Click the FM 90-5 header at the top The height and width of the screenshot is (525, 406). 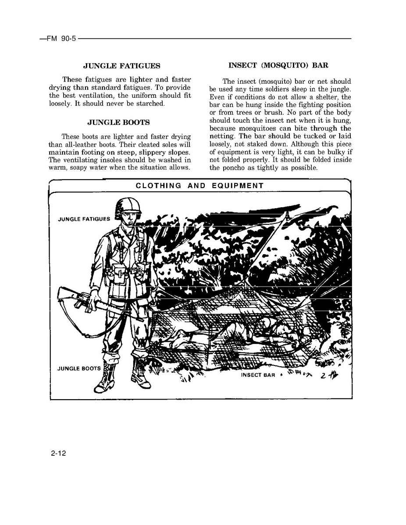pyautogui.click(x=58, y=39)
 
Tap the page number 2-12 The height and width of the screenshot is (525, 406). pyautogui.click(x=58, y=454)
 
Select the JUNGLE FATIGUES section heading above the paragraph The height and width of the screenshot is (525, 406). pyautogui.click(x=121, y=66)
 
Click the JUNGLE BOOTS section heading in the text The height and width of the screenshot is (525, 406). pyautogui.click(x=118, y=122)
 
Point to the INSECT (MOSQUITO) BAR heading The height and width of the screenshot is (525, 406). pyautogui.click(x=278, y=65)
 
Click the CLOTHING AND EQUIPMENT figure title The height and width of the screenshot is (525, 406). pyautogui.click(x=199, y=185)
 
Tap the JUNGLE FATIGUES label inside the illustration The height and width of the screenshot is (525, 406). pyautogui.click(x=84, y=219)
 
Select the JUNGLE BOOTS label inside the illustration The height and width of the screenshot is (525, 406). pyautogui.click(x=79, y=369)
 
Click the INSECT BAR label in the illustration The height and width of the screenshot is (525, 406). pyautogui.click(x=258, y=375)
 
